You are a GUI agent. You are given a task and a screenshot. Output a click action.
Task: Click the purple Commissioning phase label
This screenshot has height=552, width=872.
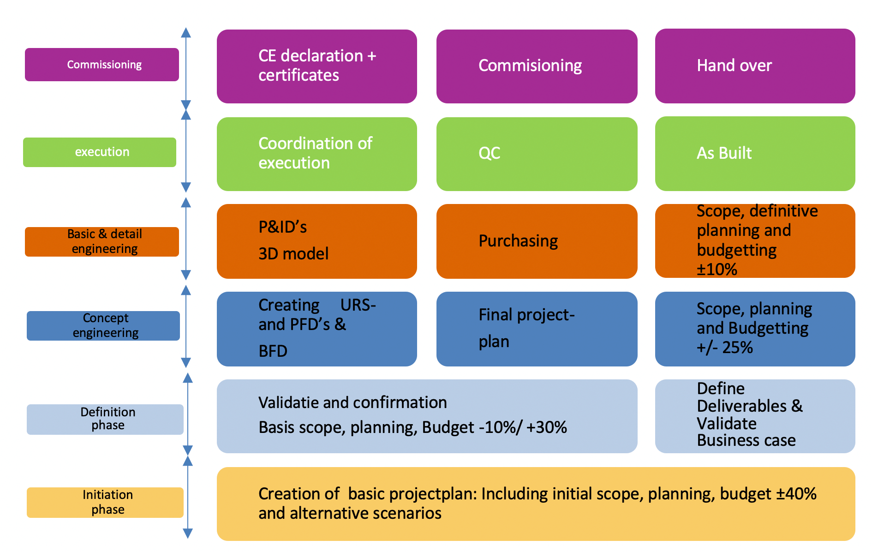coord(102,65)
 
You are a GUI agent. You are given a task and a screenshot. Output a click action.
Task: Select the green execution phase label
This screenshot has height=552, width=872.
coord(100,152)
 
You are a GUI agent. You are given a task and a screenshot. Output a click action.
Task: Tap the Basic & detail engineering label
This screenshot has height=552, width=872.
coord(102,241)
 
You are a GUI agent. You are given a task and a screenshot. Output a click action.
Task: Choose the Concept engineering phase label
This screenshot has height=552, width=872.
coord(103,325)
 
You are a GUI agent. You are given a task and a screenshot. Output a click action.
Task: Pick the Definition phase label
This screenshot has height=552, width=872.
coord(105,419)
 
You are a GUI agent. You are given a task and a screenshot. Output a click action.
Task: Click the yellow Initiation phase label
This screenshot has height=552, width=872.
coord(105,502)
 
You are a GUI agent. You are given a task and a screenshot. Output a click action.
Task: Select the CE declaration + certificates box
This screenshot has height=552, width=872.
coord(317,66)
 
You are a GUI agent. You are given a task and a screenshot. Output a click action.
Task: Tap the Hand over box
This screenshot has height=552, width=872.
coord(755,66)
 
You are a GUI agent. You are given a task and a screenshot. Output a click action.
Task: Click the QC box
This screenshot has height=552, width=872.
coord(537,154)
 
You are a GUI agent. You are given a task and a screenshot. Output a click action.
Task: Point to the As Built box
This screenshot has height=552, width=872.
coord(755,154)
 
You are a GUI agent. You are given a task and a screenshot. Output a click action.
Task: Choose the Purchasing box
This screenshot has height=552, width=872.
coord(537,241)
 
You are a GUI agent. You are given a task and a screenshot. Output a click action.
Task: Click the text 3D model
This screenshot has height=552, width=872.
coord(293,254)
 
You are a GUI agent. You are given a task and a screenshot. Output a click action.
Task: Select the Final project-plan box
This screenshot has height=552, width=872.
coord(537,329)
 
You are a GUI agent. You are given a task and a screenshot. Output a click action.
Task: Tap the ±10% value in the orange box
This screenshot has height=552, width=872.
coord(717,269)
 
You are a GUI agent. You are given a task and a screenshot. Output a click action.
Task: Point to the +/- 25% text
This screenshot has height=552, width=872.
coord(725,348)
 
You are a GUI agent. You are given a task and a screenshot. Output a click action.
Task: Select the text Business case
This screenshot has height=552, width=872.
coord(747,440)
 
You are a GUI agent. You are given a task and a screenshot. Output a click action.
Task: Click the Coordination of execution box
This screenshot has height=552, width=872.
coord(317,154)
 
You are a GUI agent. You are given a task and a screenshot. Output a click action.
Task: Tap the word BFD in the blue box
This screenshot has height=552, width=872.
coord(273,352)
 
